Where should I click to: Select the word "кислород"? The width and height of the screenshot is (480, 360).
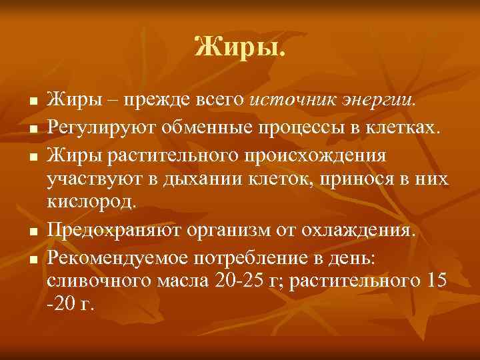point(91,204)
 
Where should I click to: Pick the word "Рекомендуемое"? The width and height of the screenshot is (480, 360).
point(113,256)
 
